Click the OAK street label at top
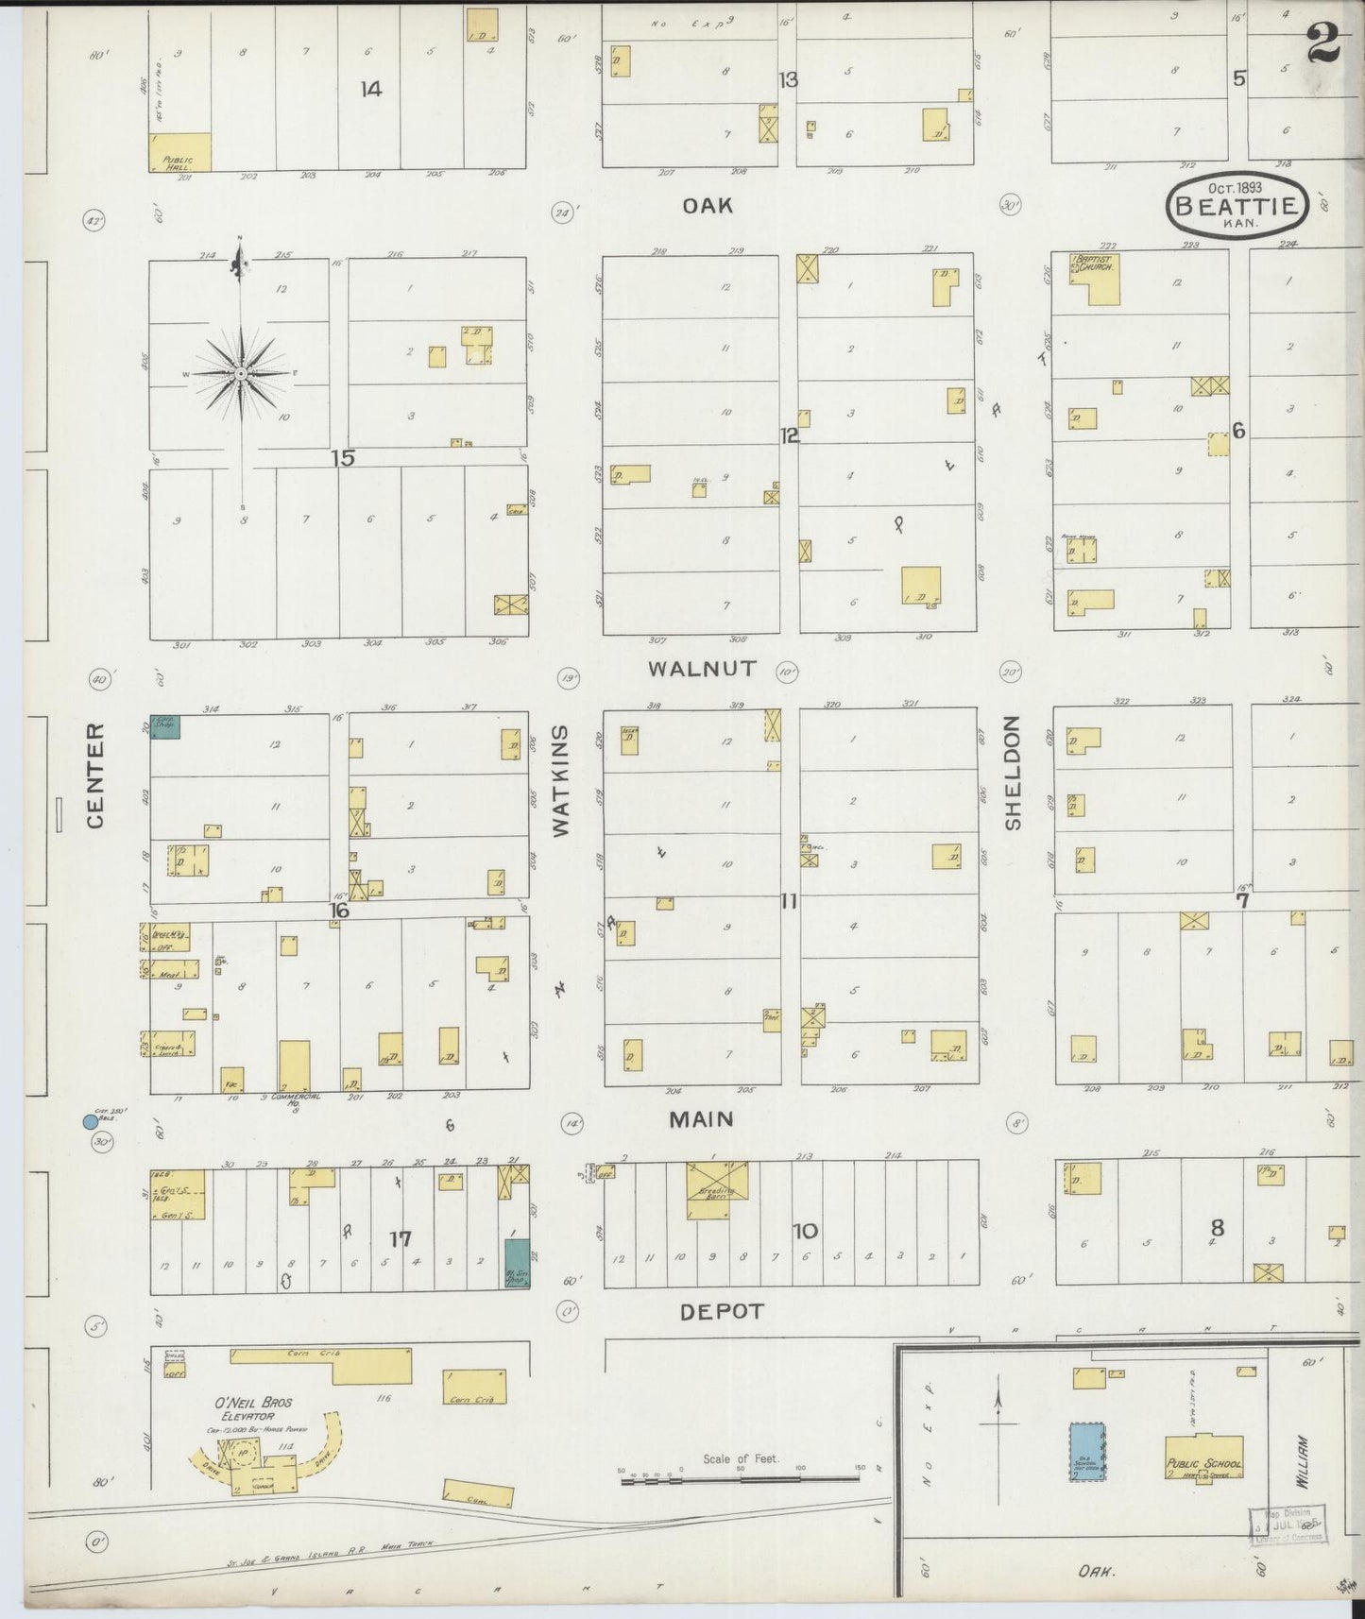708,205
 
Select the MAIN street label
701,1119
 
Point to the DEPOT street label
721,1312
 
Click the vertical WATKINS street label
561,780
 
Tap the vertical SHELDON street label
1014,773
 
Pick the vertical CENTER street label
95,776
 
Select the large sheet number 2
1325,43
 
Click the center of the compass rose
241,374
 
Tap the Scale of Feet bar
742,1477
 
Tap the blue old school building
1087,1451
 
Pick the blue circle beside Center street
91,1121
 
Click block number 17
401,1238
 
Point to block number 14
370,89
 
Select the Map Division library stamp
1288,1523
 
